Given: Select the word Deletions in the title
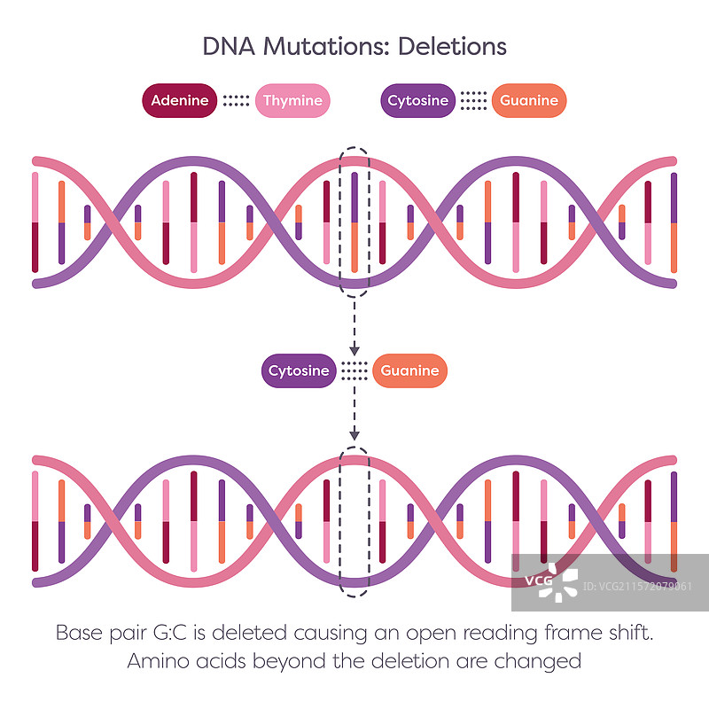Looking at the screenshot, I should pos(452,46).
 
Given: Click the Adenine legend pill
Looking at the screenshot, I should pos(180,101).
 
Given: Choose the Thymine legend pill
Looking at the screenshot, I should pos(292,101).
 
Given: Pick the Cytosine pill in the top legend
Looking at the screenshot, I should pos(418,101).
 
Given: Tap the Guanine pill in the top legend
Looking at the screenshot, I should pos(529,101).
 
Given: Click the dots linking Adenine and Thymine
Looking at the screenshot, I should pos(236,101).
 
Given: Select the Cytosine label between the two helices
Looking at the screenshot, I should pos(298,370).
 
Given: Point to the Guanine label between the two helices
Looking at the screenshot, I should pos(409,370).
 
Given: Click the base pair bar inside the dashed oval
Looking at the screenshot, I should pos(354,222).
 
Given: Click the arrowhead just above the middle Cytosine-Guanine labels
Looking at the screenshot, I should pos(354,347).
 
